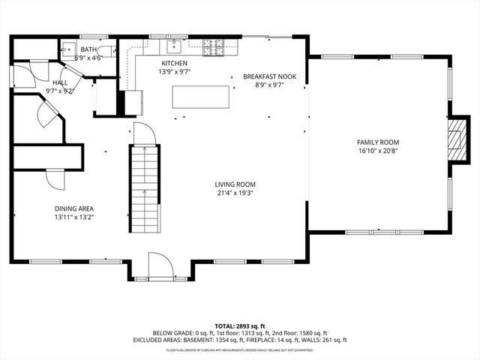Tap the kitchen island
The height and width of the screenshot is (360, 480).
point(201,97)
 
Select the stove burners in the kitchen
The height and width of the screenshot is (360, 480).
point(213,49)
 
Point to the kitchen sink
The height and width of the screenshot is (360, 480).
point(172,50)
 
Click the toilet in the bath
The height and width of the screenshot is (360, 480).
point(109,51)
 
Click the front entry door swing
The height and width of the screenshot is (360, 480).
point(160,265)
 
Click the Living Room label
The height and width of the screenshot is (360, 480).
point(235,184)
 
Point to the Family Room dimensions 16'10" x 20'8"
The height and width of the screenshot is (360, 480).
point(378,151)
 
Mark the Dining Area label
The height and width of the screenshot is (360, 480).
point(73,208)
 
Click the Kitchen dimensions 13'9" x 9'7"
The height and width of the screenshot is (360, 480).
point(174,73)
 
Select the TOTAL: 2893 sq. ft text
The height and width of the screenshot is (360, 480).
point(239,326)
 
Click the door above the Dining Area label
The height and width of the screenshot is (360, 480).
point(55,180)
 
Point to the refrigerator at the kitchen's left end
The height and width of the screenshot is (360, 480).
point(133,100)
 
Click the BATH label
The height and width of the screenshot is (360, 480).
point(89,49)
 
